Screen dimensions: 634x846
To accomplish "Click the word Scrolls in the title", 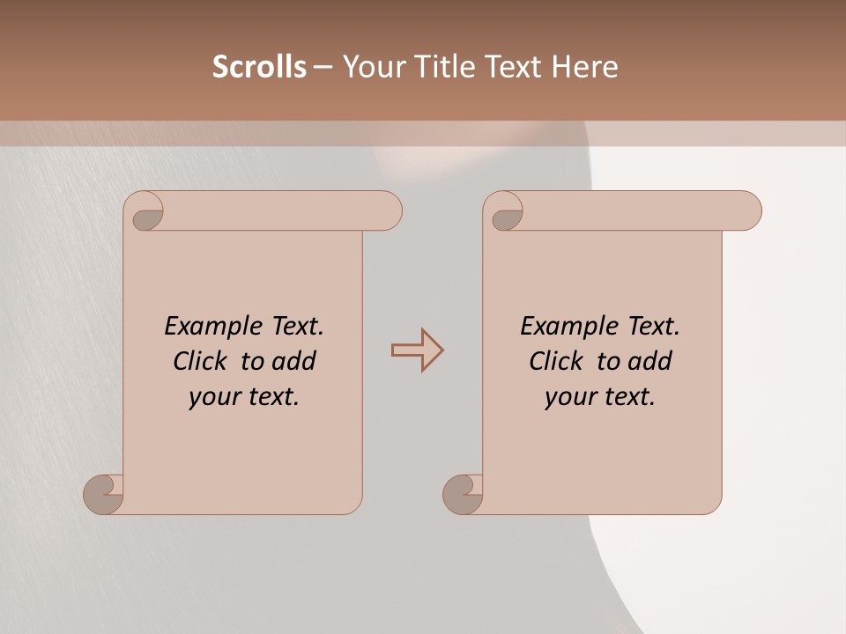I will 259,67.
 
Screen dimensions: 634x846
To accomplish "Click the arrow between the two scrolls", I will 417,350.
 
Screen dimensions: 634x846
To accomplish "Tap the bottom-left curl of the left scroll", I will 103,493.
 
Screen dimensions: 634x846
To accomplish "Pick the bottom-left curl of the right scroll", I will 463,493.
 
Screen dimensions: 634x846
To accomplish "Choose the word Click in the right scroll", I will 556,361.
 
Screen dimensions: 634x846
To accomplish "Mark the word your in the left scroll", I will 215,397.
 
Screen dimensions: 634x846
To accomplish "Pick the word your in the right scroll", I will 571,397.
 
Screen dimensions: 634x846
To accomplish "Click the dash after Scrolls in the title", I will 323,67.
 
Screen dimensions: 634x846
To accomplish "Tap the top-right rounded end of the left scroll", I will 388,210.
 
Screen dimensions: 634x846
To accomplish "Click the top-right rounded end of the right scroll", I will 747,210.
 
